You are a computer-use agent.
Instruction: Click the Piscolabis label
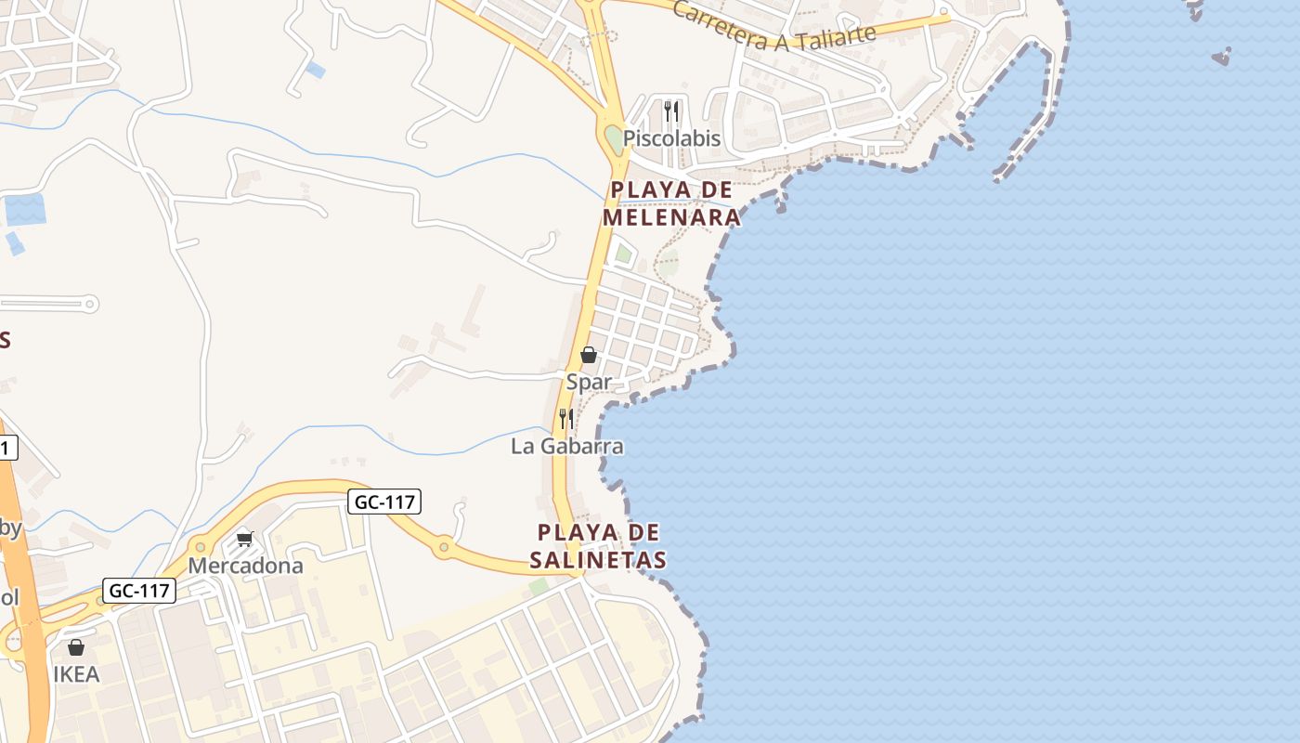[x=671, y=138]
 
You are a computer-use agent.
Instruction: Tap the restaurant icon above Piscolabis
[x=671, y=112]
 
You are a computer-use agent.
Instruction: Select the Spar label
[x=590, y=382]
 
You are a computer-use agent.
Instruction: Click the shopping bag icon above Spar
[x=588, y=355]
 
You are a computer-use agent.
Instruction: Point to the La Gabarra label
[x=567, y=446]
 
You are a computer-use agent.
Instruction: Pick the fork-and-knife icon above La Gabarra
[x=565, y=418]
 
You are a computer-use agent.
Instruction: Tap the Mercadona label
[x=246, y=566]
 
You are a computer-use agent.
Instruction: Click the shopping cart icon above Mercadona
[x=245, y=539]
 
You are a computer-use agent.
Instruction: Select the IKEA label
[x=76, y=674]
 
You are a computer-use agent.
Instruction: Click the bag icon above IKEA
[x=76, y=647]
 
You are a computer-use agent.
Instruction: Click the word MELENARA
[x=671, y=217]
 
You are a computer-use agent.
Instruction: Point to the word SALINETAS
[x=598, y=560]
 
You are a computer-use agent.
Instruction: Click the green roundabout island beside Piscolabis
[x=614, y=141]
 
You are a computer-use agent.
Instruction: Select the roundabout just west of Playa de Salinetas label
[x=444, y=547]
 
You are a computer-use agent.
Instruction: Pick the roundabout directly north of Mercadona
[x=199, y=546]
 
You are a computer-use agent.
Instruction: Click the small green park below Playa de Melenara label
[x=623, y=253]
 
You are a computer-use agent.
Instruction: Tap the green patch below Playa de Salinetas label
[x=539, y=586]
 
